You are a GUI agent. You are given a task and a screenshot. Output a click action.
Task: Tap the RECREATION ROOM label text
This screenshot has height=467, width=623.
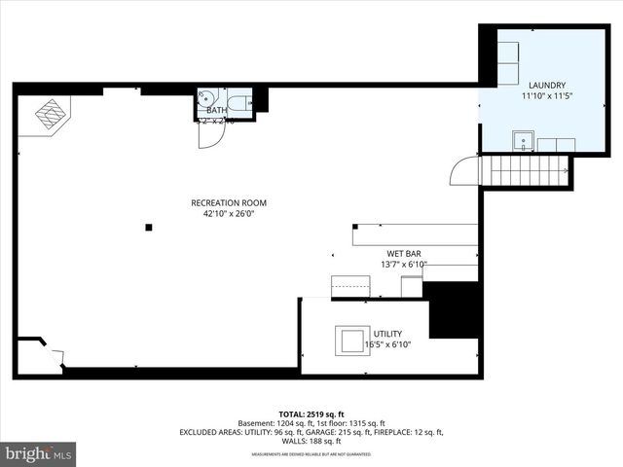click(x=228, y=203)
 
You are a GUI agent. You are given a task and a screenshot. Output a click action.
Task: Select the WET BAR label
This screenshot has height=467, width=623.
click(x=403, y=253)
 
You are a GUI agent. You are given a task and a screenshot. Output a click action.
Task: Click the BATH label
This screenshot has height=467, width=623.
click(x=216, y=111)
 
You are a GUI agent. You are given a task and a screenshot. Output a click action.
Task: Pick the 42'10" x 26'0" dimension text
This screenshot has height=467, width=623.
click(x=228, y=214)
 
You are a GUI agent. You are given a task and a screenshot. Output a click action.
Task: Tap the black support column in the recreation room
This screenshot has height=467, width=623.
click(x=149, y=228)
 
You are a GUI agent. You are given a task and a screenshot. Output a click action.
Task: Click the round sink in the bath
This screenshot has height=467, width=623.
click(x=206, y=97)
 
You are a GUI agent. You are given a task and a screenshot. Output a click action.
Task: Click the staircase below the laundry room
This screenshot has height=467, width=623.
click(x=526, y=171)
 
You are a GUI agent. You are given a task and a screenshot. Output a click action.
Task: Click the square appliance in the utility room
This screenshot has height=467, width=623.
click(x=351, y=341)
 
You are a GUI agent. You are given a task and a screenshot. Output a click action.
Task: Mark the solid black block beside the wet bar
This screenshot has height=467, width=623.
click(x=453, y=310)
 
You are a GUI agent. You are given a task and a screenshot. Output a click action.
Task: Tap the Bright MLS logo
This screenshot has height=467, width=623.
click(x=39, y=453)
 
